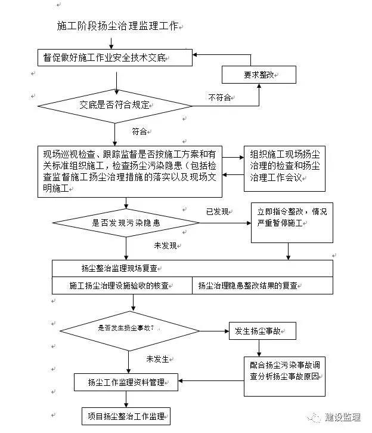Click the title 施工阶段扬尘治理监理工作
(x=117, y=26)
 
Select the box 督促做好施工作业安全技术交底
(x=115, y=57)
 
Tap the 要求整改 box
(x=259, y=75)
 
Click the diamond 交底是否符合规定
(x=115, y=106)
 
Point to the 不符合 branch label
(x=219, y=97)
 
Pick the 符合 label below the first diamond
(x=139, y=131)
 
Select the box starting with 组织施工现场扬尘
(x=284, y=168)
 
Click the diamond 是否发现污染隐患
(x=126, y=223)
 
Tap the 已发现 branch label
(x=218, y=212)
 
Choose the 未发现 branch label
(x=165, y=245)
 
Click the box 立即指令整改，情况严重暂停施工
(x=292, y=223)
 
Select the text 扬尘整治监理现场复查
(x=119, y=268)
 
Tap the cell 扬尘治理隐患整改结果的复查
(x=262, y=285)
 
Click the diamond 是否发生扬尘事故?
(x=129, y=331)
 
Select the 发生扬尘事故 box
(x=262, y=331)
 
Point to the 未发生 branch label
(x=157, y=359)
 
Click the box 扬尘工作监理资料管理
(x=126, y=382)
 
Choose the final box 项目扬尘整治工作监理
(x=126, y=416)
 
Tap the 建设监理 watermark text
(x=343, y=417)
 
